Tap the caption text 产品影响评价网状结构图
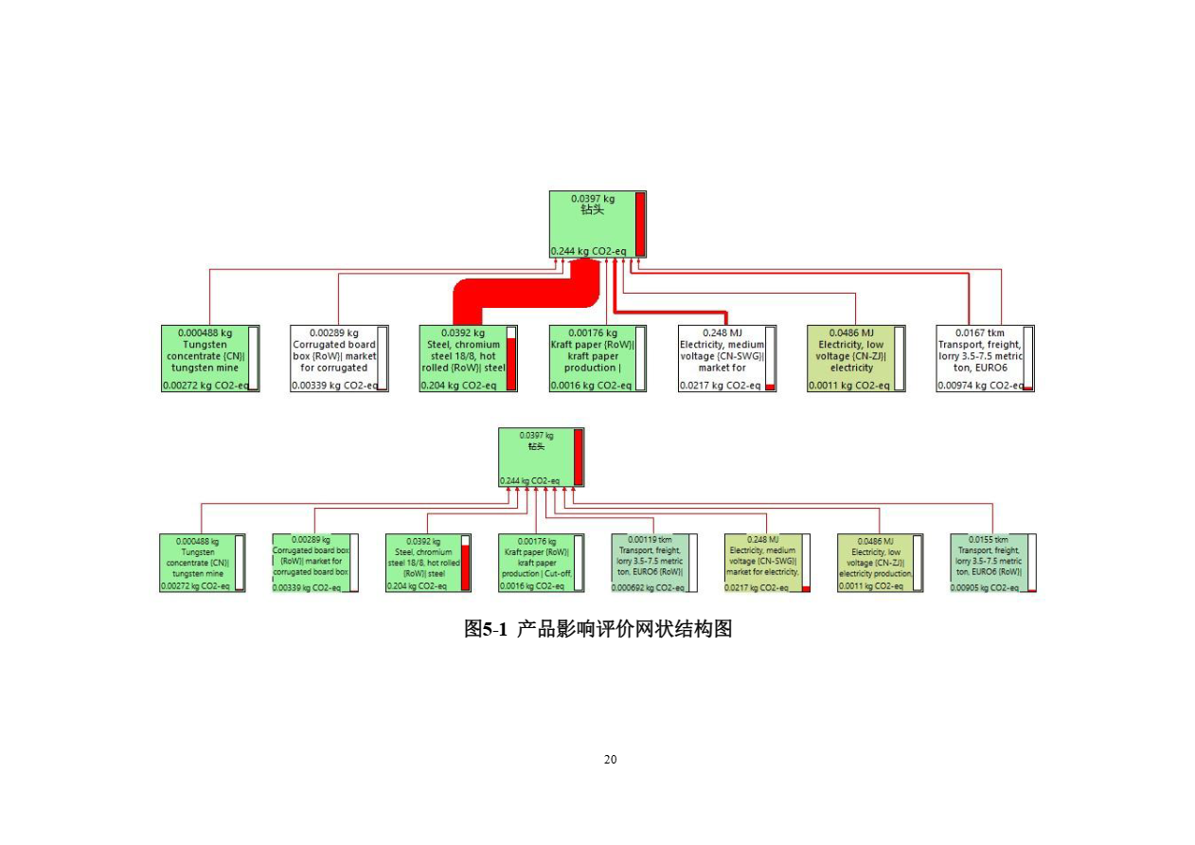625,629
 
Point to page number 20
610,760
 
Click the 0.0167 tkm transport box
985,358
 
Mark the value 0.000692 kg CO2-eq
649,587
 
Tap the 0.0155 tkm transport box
993,562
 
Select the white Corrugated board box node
339,358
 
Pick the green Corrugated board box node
315,562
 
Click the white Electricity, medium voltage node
726,358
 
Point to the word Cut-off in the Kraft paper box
555,572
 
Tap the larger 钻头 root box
597,224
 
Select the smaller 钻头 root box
541,457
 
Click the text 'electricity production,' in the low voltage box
875,573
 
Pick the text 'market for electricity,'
762,571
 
